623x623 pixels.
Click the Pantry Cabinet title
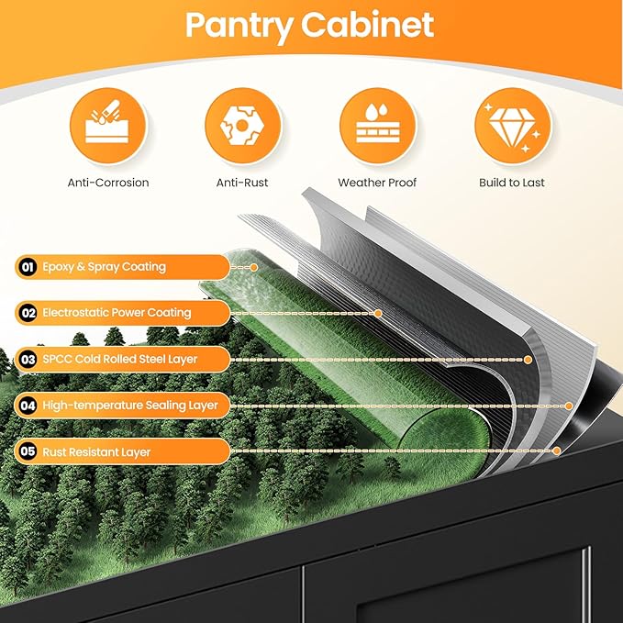pos(309,26)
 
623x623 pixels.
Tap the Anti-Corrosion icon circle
pos(107,126)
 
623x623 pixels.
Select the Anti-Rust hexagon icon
pos(242,126)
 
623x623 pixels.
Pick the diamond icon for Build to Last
pos(513,126)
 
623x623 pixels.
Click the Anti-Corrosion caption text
pos(108,183)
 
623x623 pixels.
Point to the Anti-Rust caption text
pos(242,183)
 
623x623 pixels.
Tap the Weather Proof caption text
pos(377,183)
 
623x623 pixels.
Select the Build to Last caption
pos(512,183)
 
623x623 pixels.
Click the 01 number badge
pos(28,267)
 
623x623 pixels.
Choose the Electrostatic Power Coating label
pos(117,313)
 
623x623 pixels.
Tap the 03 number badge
pos(28,360)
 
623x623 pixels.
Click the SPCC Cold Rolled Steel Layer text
pos(120,359)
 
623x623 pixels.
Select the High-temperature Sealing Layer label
pos(130,406)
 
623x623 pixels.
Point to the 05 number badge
pos(28,451)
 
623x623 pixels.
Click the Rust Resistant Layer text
pos(96,452)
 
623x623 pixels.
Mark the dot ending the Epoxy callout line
pos(254,267)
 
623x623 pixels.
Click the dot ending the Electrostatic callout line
pos(378,314)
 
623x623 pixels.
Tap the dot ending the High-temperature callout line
pos(569,406)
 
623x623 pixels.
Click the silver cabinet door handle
pos(586,584)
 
